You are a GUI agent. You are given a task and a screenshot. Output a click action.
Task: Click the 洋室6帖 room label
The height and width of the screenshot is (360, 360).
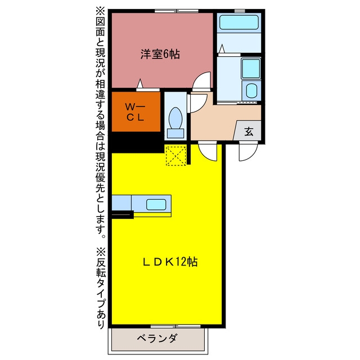click(x=160, y=55)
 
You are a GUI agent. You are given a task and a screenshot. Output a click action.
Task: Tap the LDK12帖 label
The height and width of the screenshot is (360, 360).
click(x=170, y=262)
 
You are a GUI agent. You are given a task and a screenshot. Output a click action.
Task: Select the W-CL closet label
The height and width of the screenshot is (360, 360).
click(x=135, y=112)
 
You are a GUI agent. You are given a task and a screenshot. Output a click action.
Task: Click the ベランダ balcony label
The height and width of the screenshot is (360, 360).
click(x=157, y=338)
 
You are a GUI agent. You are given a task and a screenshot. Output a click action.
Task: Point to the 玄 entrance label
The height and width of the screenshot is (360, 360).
click(x=249, y=132)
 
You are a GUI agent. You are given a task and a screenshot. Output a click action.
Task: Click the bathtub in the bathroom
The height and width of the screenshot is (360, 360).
click(x=238, y=22)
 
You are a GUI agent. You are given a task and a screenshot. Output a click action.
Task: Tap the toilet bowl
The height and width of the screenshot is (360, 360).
click(x=175, y=118)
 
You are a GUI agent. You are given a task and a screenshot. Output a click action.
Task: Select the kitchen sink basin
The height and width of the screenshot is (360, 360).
click(x=156, y=204)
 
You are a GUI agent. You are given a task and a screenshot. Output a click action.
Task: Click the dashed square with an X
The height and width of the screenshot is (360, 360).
click(x=176, y=156)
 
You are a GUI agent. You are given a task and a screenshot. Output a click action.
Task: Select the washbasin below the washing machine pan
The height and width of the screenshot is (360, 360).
click(x=251, y=91)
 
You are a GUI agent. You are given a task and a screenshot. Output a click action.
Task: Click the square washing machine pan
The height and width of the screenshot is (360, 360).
click(x=251, y=69)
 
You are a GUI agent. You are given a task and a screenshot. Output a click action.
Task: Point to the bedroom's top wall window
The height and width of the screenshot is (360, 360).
click(x=176, y=11)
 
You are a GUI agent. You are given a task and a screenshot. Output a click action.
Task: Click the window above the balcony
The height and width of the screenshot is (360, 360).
click(x=175, y=326)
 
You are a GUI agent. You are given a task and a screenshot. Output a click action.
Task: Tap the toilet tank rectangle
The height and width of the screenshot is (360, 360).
click(x=175, y=133)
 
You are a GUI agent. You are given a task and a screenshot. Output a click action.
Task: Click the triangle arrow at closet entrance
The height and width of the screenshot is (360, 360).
click(x=140, y=83)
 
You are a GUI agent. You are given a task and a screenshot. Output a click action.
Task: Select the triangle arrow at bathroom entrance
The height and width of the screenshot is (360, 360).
click(x=222, y=49)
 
